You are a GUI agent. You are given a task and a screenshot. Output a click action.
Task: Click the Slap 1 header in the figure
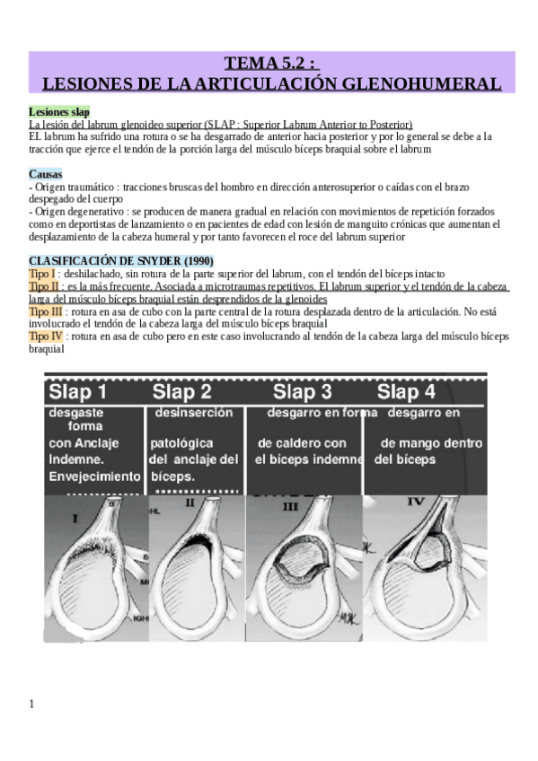tap(78, 392)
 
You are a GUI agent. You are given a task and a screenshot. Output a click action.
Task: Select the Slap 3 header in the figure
tap(302, 392)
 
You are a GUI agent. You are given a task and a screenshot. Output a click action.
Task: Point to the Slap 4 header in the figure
tap(407, 392)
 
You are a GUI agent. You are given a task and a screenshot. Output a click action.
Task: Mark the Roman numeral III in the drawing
tap(290, 507)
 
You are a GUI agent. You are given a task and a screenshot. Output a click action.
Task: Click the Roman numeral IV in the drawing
tap(415, 502)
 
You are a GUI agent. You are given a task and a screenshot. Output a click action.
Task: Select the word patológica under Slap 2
tap(181, 443)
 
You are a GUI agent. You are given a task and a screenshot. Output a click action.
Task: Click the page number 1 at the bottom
tap(31, 704)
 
